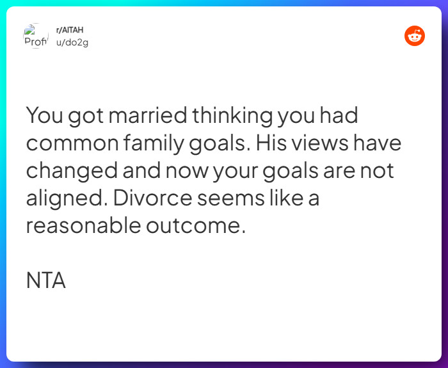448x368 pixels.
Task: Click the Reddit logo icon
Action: point(415,36)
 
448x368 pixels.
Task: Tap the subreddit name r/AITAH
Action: point(70,30)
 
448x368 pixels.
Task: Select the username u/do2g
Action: point(72,42)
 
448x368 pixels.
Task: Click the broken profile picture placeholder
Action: point(36,36)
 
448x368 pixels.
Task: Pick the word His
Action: point(271,143)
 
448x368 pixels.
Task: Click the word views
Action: point(323,143)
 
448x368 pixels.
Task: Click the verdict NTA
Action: point(46,281)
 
